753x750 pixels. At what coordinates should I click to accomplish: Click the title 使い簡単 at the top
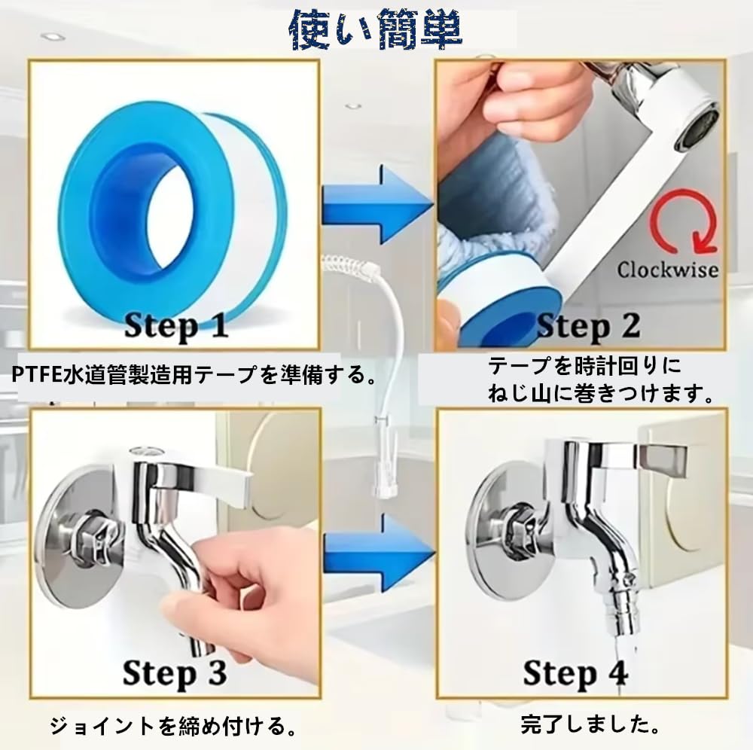[376, 29]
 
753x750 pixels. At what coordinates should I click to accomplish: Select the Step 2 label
[587, 325]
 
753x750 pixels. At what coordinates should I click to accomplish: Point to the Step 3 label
[175, 672]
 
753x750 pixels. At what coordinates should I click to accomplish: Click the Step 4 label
[575, 672]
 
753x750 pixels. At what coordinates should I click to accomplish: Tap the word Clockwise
[667, 269]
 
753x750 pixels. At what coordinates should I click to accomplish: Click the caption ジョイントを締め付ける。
[172, 727]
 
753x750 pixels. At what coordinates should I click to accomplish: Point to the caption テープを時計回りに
[584, 367]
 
